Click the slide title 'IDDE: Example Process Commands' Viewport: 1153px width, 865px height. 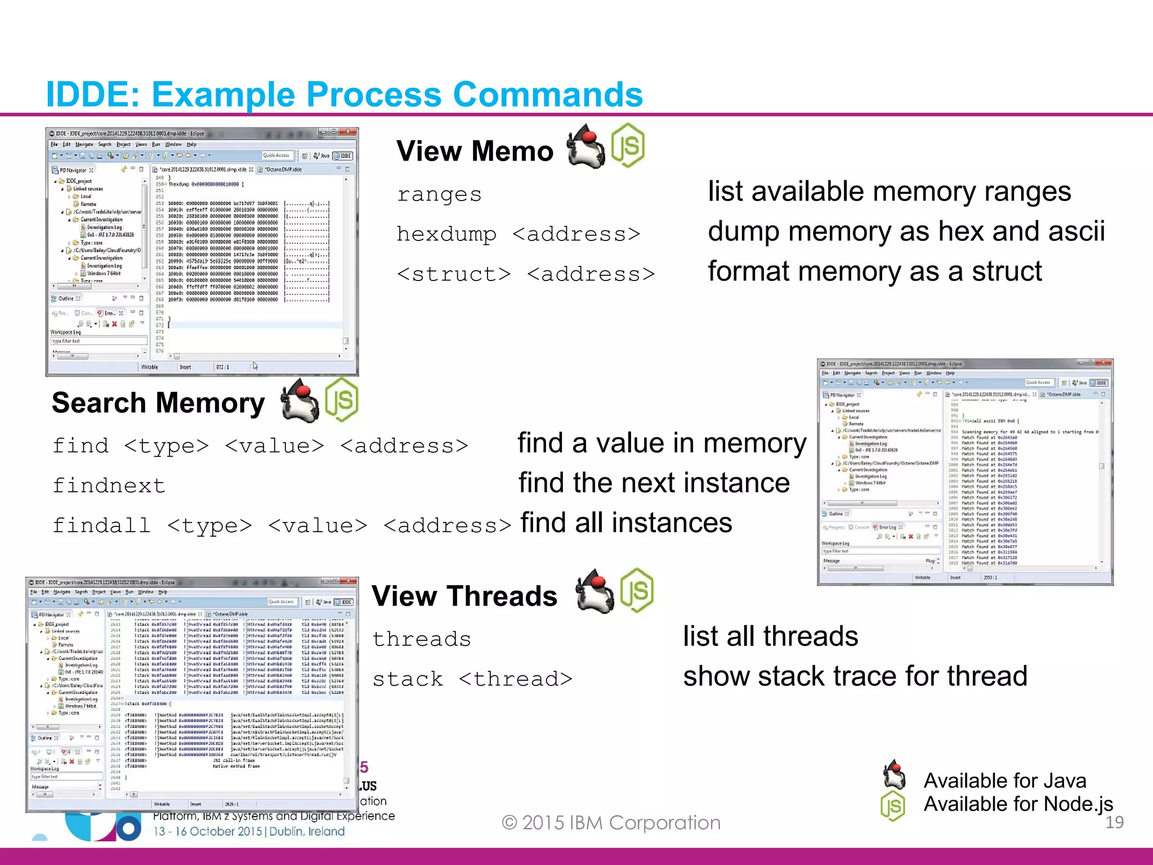(x=344, y=94)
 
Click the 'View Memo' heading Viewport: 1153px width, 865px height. (x=475, y=151)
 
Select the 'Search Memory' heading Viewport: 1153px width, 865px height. (x=158, y=403)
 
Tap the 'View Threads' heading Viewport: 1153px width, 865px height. (x=464, y=596)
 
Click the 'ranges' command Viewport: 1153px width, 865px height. (x=439, y=194)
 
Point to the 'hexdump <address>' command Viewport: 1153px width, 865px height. (x=518, y=234)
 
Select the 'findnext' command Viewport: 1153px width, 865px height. (x=109, y=485)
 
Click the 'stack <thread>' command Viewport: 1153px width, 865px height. (x=472, y=679)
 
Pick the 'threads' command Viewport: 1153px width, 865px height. (x=421, y=639)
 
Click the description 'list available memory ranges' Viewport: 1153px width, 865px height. (x=889, y=191)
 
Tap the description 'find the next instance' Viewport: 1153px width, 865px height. (x=654, y=483)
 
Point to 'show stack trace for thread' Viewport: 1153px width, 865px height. (x=855, y=676)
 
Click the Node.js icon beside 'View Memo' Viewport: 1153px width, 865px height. (x=628, y=146)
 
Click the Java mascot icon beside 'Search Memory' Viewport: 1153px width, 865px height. (x=300, y=400)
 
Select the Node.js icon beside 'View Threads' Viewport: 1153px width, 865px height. (x=637, y=591)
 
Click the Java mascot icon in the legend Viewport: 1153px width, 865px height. (x=894, y=775)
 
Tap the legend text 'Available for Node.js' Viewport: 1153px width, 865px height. (x=1018, y=804)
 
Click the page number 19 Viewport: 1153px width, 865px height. (x=1114, y=822)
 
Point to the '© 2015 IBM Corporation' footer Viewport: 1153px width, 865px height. (x=611, y=823)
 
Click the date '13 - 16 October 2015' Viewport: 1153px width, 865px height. (x=208, y=831)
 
